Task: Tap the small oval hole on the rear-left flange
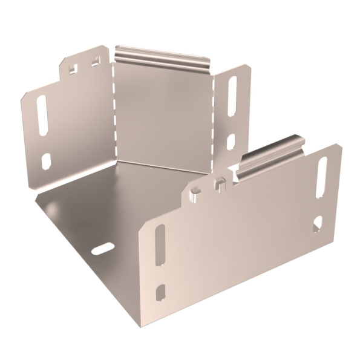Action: [x=46, y=160]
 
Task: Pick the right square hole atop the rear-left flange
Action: [x=95, y=61]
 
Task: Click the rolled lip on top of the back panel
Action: [x=162, y=55]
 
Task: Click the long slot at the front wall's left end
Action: [x=159, y=245]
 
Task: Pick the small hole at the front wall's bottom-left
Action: [x=160, y=292]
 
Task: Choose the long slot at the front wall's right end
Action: [x=322, y=178]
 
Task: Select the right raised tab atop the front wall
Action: [x=221, y=181]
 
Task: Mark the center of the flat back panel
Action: [x=163, y=112]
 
